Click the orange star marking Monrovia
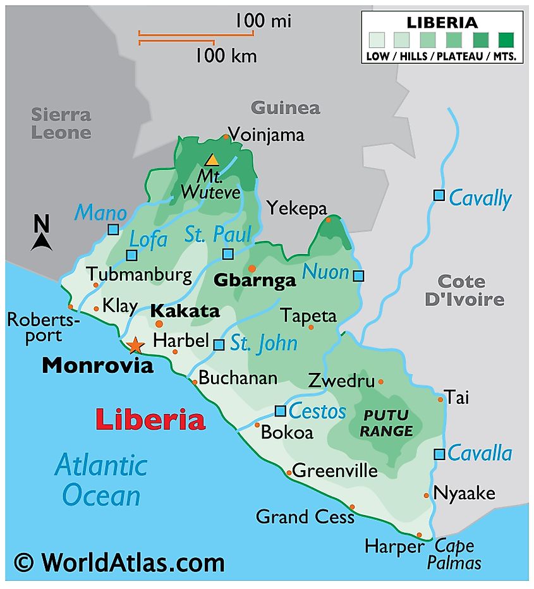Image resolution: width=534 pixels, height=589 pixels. point(135,345)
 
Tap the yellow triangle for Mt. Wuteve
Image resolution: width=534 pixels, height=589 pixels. point(212,161)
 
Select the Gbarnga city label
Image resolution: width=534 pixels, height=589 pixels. point(255,280)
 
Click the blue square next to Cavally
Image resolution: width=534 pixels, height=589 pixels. point(439,195)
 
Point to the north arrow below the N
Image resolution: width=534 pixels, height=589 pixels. point(41,241)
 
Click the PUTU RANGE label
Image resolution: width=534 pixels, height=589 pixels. point(387,423)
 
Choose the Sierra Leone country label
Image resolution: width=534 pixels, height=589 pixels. point(62,124)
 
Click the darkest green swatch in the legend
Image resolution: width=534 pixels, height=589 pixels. point(506,40)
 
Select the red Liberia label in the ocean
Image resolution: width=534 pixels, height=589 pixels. point(150,420)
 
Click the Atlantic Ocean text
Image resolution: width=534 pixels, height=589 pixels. point(101,480)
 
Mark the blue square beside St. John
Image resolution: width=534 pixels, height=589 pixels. point(219,345)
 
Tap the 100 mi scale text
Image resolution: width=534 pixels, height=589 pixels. point(263,21)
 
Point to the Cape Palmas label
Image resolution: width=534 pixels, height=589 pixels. point(454,554)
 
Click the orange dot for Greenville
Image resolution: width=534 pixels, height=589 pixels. point(289,472)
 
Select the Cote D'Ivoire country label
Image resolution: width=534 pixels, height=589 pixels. point(464,290)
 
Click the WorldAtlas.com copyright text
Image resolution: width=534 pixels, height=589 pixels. point(119,562)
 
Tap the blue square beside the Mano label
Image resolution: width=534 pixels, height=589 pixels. point(113,229)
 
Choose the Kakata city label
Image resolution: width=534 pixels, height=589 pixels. point(185,311)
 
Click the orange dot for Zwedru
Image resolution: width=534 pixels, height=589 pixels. point(380,382)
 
